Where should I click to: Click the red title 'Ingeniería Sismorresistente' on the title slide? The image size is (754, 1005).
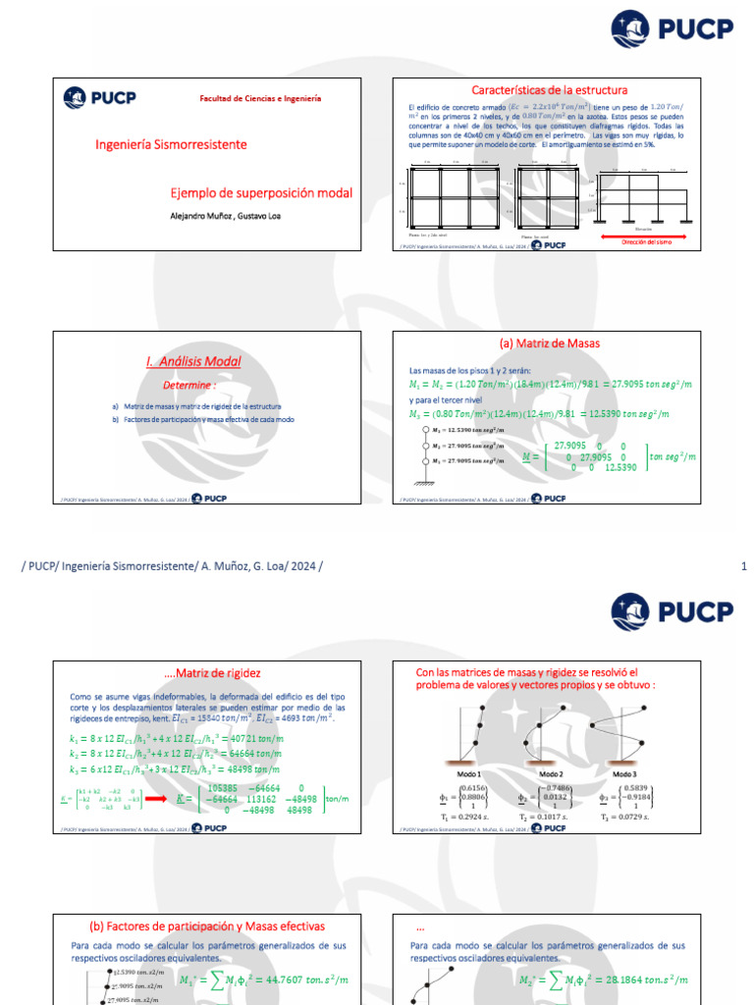pyautogui.click(x=171, y=144)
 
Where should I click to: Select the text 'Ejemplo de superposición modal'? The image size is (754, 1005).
pyautogui.click(x=261, y=193)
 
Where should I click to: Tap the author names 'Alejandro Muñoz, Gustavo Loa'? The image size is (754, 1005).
pyautogui.click(x=226, y=216)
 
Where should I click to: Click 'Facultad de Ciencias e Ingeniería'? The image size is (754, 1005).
pyautogui.click(x=260, y=99)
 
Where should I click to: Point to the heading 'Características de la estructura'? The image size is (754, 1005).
pyautogui.click(x=549, y=90)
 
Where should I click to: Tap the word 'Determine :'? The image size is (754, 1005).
pyautogui.click(x=189, y=386)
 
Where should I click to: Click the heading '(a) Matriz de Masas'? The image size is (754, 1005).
pyautogui.click(x=550, y=344)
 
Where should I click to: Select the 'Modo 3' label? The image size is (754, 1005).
pyautogui.click(x=624, y=774)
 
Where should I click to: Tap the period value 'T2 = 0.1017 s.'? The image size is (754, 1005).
pyautogui.click(x=543, y=815)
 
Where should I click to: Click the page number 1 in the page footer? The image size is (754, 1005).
pyautogui.click(x=743, y=566)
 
